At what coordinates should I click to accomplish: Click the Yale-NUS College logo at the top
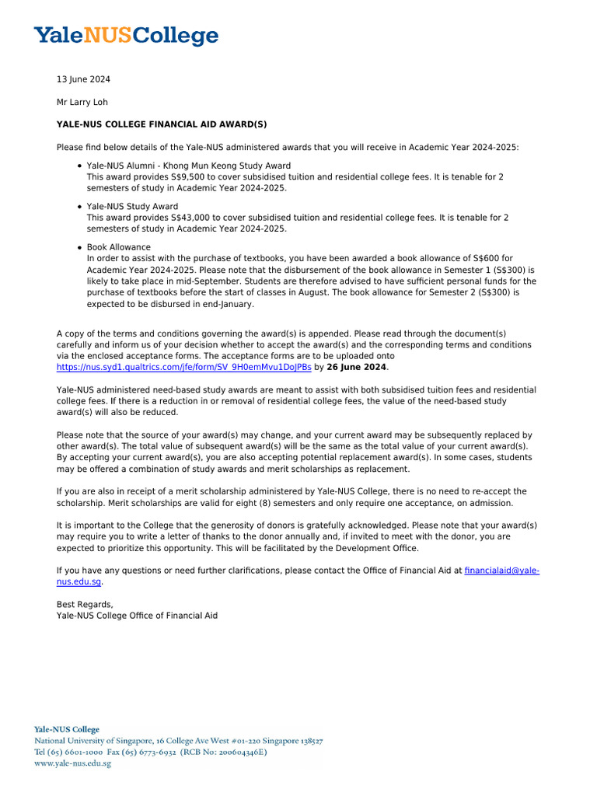126,35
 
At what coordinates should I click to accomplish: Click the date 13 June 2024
83,79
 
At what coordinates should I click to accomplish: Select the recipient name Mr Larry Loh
82,102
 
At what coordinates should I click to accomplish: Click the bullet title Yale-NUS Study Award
132,207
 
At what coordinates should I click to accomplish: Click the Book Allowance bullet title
119,247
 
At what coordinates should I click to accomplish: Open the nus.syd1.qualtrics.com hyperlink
184,368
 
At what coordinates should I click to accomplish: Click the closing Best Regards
85,605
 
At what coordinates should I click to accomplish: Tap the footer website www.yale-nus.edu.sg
72,763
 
